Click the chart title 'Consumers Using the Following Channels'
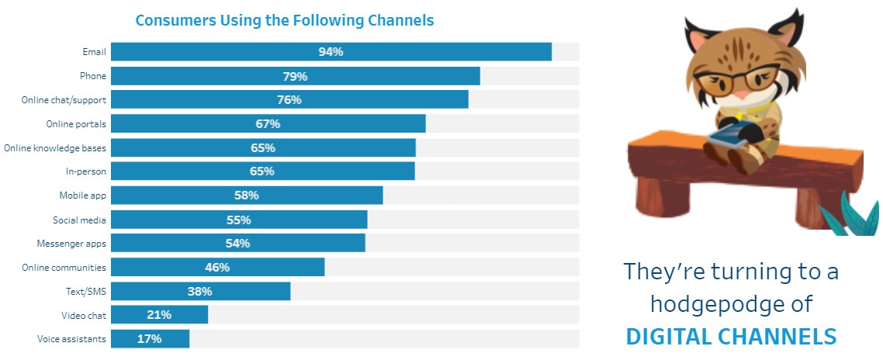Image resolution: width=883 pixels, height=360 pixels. tap(285, 19)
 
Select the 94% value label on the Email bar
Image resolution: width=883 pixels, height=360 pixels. tap(331, 52)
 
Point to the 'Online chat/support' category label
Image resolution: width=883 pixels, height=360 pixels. tap(64, 100)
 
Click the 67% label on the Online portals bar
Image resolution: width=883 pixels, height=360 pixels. tap(268, 124)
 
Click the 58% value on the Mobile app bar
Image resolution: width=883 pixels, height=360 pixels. tap(246, 196)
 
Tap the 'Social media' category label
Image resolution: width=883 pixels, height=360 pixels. tap(80, 220)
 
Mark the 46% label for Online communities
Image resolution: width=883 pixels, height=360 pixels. tap(217, 268)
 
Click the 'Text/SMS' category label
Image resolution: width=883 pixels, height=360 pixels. tap(86, 292)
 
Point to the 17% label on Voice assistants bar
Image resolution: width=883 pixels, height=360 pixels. tap(150, 339)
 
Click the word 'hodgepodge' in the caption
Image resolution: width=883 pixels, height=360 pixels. tap(731, 304)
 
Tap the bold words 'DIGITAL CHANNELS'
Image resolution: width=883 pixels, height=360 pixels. tap(731, 336)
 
